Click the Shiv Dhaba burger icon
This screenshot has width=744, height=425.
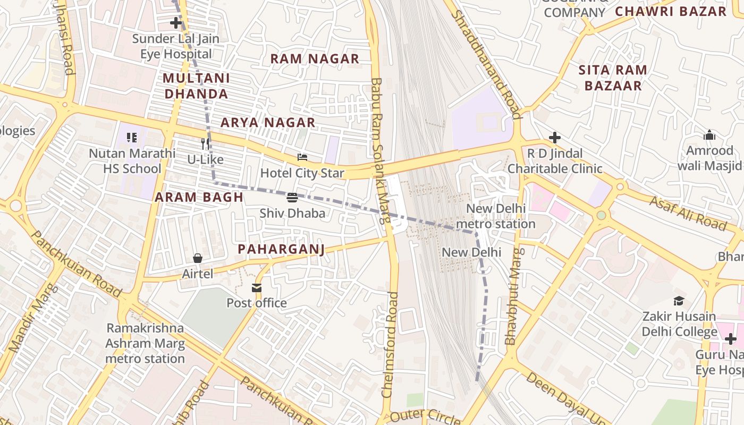tap(292, 198)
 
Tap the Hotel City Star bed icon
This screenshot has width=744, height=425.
tap(302, 157)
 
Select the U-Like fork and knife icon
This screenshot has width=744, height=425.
tap(205, 143)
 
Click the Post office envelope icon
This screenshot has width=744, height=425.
tap(257, 287)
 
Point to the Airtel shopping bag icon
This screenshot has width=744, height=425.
tap(198, 258)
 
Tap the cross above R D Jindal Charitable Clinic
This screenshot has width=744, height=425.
tap(555, 138)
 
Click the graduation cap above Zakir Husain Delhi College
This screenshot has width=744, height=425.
tap(679, 301)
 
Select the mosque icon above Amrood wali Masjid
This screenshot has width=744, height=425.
tap(709, 135)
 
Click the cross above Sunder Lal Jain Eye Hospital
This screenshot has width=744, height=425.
tap(175, 23)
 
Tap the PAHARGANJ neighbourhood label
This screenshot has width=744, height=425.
tap(281, 249)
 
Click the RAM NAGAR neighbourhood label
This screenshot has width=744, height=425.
tap(315, 59)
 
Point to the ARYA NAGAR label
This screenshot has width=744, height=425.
tap(268, 123)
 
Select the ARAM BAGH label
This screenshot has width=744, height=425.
tap(199, 198)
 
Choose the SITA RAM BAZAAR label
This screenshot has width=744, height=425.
tap(613, 78)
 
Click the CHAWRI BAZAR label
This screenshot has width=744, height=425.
tap(670, 11)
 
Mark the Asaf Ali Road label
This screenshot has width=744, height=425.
tap(688, 213)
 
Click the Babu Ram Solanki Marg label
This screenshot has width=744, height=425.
tap(380, 151)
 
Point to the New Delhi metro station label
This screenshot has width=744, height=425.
tap(495, 216)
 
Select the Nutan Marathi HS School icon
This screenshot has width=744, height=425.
tap(132, 138)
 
